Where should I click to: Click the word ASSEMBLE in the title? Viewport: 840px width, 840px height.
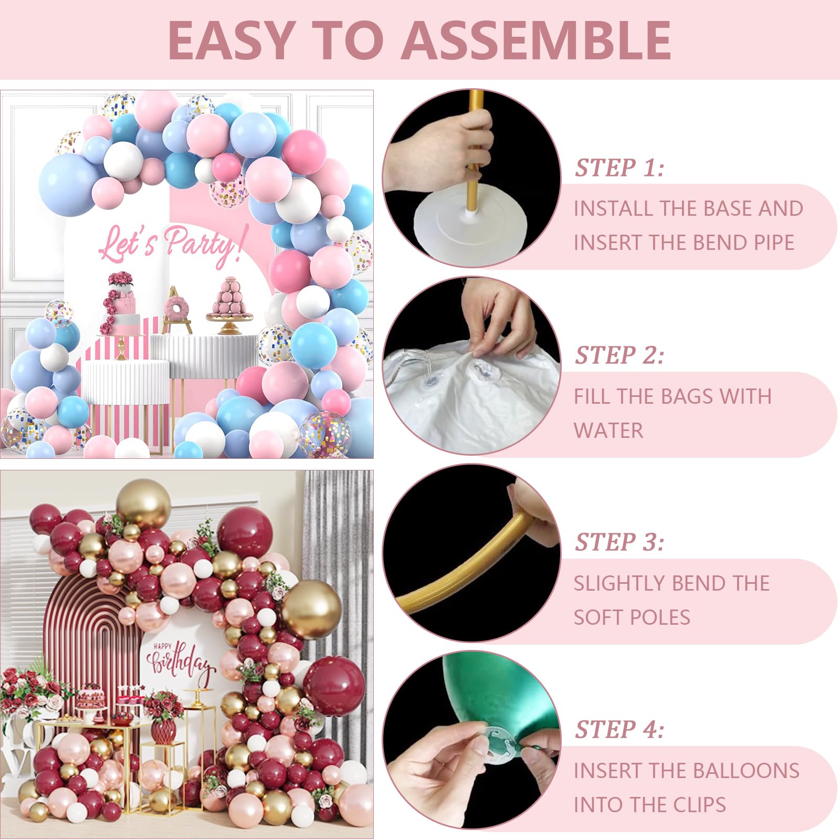[539, 40]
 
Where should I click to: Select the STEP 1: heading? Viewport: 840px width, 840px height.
[619, 168]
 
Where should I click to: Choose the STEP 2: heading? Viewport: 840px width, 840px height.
[619, 355]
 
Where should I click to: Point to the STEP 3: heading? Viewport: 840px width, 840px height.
[619, 542]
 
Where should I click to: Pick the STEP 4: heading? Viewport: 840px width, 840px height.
[619, 730]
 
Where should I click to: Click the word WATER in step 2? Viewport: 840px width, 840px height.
[608, 430]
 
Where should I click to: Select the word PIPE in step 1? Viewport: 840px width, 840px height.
[770, 243]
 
